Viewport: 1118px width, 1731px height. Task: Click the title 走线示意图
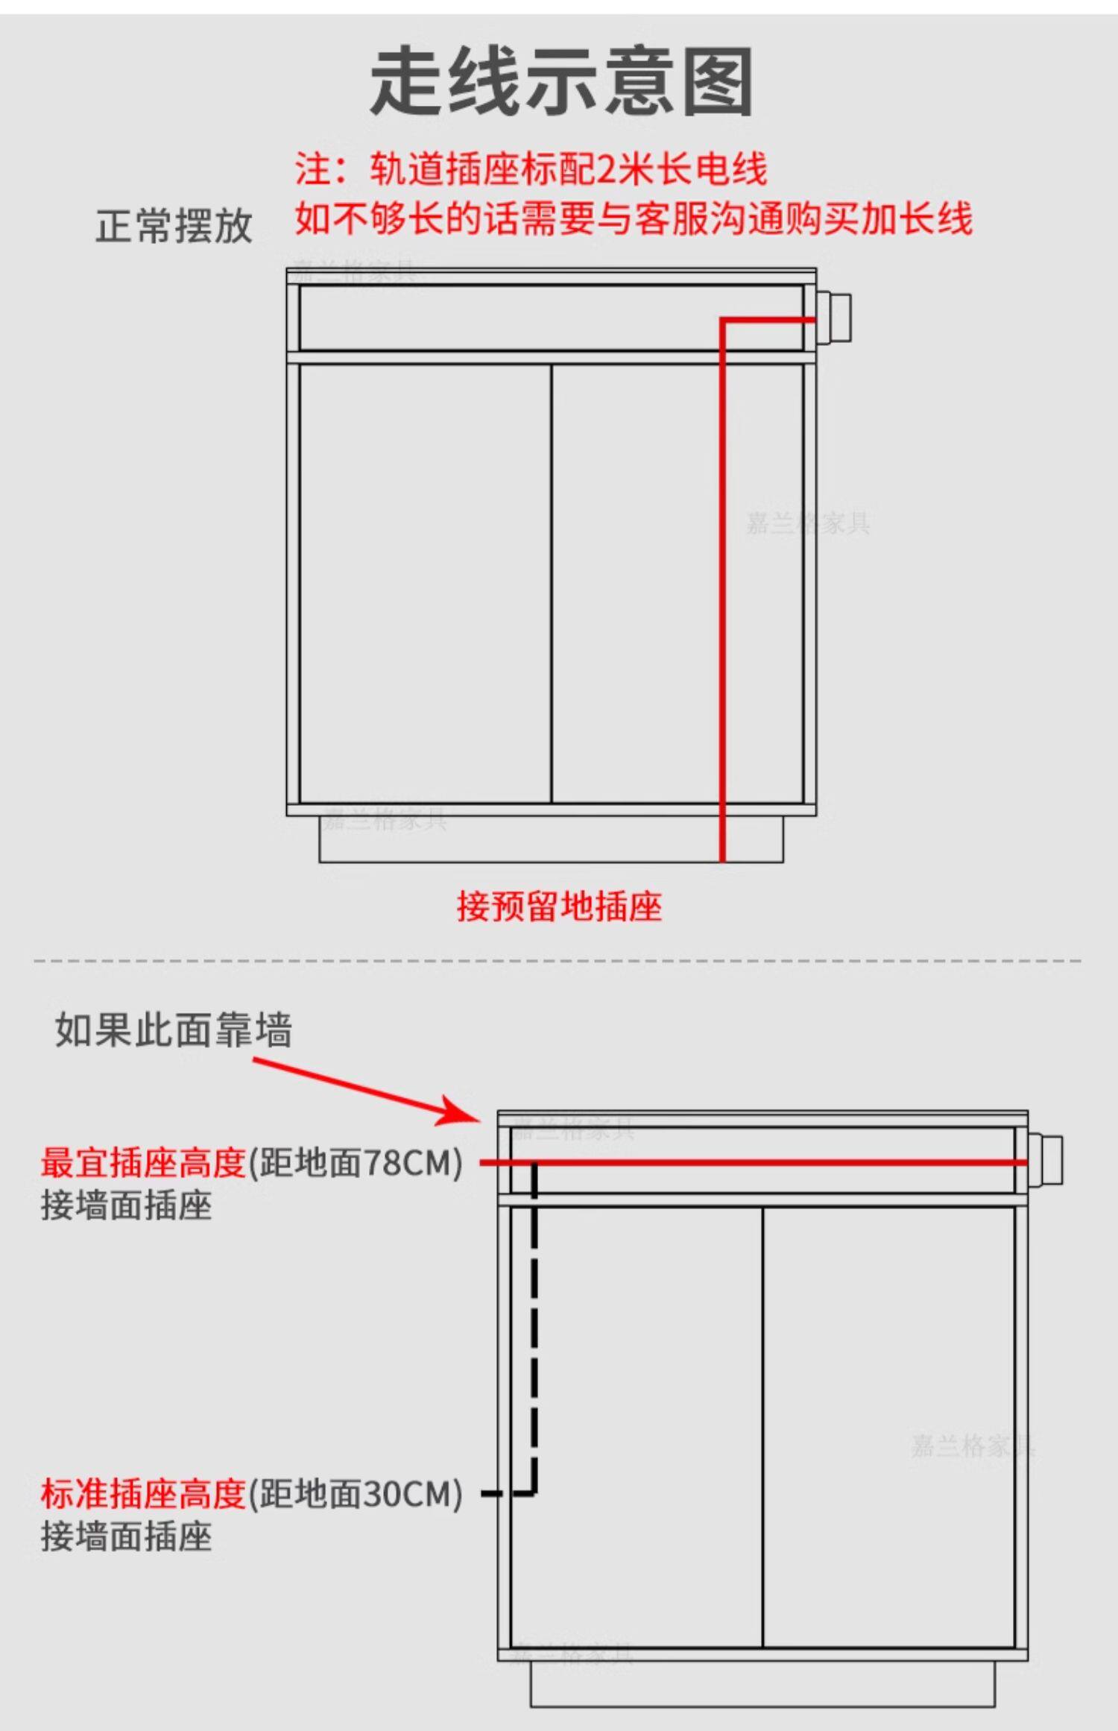click(x=560, y=82)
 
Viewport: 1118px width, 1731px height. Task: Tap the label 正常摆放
click(x=174, y=226)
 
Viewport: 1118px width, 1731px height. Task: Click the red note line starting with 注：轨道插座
click(x=531, y=169)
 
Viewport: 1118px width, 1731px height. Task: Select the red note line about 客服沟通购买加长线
click(x=634, y=219)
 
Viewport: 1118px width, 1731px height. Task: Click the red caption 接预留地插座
click(x=559, y=907)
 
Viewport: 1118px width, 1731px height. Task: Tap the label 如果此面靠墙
click(x=173, y=1030)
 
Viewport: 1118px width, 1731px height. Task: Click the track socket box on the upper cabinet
click(x=835, y=318)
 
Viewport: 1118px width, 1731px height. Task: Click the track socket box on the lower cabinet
click(x=1046, y=1159)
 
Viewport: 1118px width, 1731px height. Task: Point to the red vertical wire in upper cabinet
click(x=722, y=596)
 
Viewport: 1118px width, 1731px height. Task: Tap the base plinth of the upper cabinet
click(x=551, y=839)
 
